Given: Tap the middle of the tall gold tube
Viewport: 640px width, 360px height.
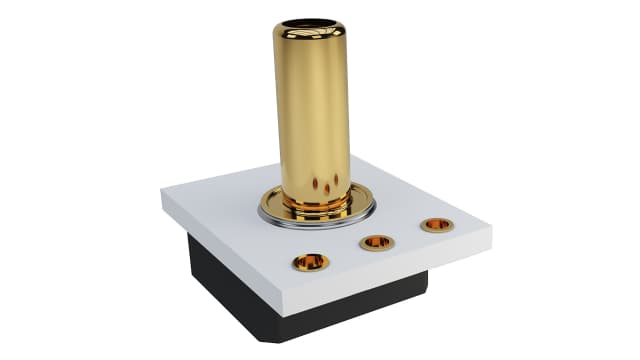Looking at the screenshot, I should tap(313, 110).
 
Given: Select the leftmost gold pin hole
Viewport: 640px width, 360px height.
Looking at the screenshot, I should tap(310, 262).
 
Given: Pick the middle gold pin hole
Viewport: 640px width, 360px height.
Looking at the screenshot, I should tap(377, 242).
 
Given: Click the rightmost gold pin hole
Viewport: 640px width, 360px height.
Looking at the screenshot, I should tap(437, 225).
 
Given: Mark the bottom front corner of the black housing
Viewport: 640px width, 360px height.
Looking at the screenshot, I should tap(283, 341).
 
